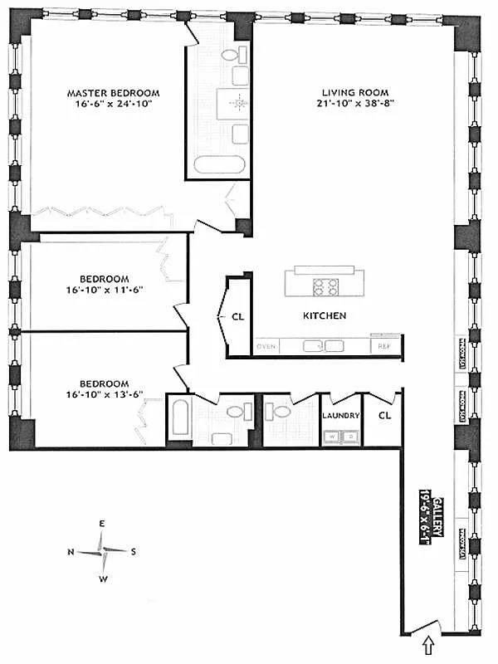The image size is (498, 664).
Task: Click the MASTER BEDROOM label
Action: point(113,92)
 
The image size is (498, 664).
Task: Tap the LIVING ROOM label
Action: point(355,92)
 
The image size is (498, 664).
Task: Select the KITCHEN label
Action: point(324,316)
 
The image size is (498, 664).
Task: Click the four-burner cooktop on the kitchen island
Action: point(324,286)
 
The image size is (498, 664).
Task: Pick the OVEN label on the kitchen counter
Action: point(266,345)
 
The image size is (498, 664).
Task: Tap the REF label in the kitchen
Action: point(384,345)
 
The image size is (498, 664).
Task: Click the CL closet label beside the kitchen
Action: point(238,316)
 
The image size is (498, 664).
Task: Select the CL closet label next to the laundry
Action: point(385,416)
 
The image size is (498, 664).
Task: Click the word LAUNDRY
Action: point(341,416)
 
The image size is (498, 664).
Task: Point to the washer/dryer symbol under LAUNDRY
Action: point(341,435)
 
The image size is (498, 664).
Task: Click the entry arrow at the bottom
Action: point(429,643)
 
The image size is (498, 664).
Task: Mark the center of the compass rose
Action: point(102,549)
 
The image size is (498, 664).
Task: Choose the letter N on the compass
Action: point(71,550)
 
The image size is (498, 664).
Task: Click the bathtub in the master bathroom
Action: point(220,164)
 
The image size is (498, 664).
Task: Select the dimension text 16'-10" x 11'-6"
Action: point(105,291)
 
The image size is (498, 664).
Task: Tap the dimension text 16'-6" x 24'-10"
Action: point(113,105)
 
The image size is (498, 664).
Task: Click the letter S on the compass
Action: point(133,550)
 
